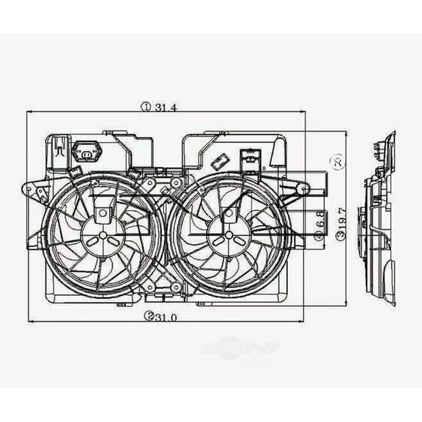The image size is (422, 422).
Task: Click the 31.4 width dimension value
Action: click(x=166, y=107)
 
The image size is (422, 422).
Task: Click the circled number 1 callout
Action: click(x=147, y=107)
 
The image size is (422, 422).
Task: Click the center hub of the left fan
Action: click(x=103, y=235)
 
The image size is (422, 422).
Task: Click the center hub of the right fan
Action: click(x=229, y=235)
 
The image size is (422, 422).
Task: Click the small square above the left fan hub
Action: click(x=103, y=213)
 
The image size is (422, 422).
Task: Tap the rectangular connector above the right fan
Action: click(x=250, y=156)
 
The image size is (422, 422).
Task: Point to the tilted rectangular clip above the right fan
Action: click(x=218, y=163)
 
